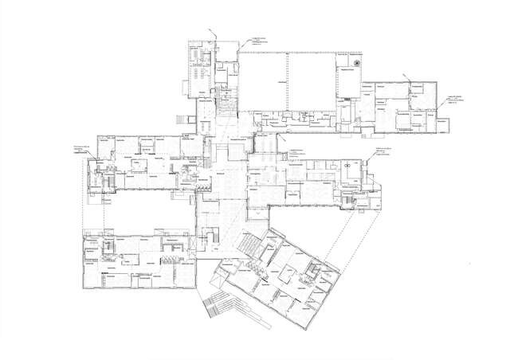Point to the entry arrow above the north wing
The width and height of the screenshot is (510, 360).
(x=212, y=31)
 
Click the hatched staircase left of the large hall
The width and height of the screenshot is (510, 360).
(x=228, y=104)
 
